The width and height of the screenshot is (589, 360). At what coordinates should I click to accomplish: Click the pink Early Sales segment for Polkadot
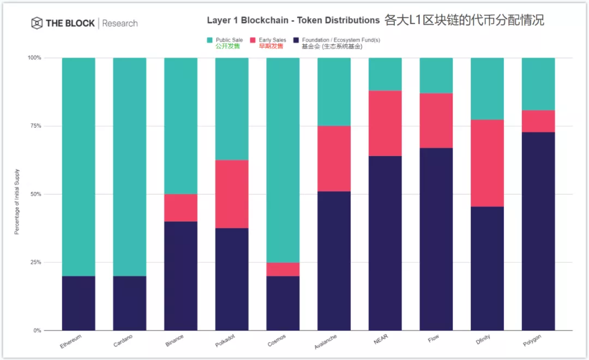click(x=232, y=194)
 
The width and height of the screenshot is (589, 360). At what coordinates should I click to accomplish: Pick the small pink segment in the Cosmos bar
click(x=283, y=269)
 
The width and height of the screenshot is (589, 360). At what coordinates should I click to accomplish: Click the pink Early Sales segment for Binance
click(x=181, y=207)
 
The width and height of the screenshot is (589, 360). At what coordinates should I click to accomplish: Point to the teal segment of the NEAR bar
click(x=385, y=74)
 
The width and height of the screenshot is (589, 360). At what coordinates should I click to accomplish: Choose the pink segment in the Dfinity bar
click(x=487, y=163)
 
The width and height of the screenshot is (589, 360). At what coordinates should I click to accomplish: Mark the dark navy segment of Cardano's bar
click(x=130, y=303)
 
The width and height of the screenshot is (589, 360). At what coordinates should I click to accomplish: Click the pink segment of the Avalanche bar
click(x=334, y=159)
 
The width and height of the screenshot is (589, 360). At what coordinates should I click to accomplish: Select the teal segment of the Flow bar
click(x=436, y=75)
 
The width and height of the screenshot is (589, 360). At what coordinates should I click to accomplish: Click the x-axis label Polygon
click(x=533, y=342)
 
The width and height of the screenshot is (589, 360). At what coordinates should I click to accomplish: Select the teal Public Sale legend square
click(x=210, y=40)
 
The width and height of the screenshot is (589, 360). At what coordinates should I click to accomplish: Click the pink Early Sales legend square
click(x=253, y=40)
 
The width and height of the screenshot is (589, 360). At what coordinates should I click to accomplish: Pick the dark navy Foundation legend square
click(x=296, y=40)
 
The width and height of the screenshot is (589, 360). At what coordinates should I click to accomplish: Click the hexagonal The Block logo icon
click(x=37, y=23)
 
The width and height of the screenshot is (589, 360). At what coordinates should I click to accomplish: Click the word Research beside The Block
click(x=120, y=23)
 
